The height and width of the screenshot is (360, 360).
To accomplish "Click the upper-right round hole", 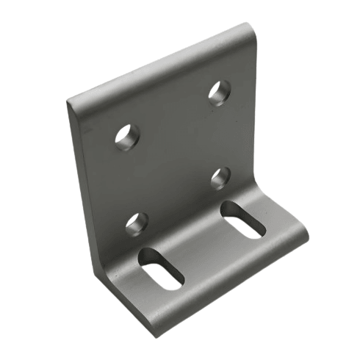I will [x=219, y=93].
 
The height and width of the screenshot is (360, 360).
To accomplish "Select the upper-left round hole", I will [x=127, y=137].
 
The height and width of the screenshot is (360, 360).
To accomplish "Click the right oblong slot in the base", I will [x=243, y=219].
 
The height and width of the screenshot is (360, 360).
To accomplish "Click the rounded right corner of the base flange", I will [x=303, y=234].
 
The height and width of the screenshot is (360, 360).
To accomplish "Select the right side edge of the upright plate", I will [x=257, y=110].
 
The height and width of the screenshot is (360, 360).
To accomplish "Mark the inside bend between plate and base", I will [x=184, y=220].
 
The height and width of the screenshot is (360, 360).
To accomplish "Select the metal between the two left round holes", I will [x=132, y=180].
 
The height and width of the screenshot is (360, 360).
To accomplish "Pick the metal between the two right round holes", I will [x=220, y=135].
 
